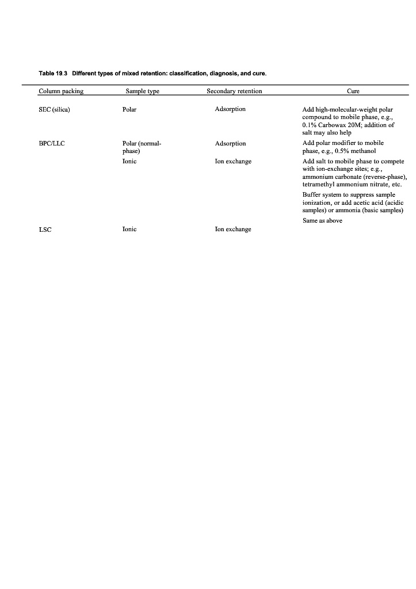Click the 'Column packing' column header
coord(61,91)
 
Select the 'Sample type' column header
coord(142,91)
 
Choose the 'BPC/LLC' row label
coord(51,143)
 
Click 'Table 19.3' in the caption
coord(54,74)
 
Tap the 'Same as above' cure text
coord(322,220)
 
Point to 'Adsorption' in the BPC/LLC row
coord(230,143)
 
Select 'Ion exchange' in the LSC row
coord(233,229)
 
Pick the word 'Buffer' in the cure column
coord(311,195)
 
